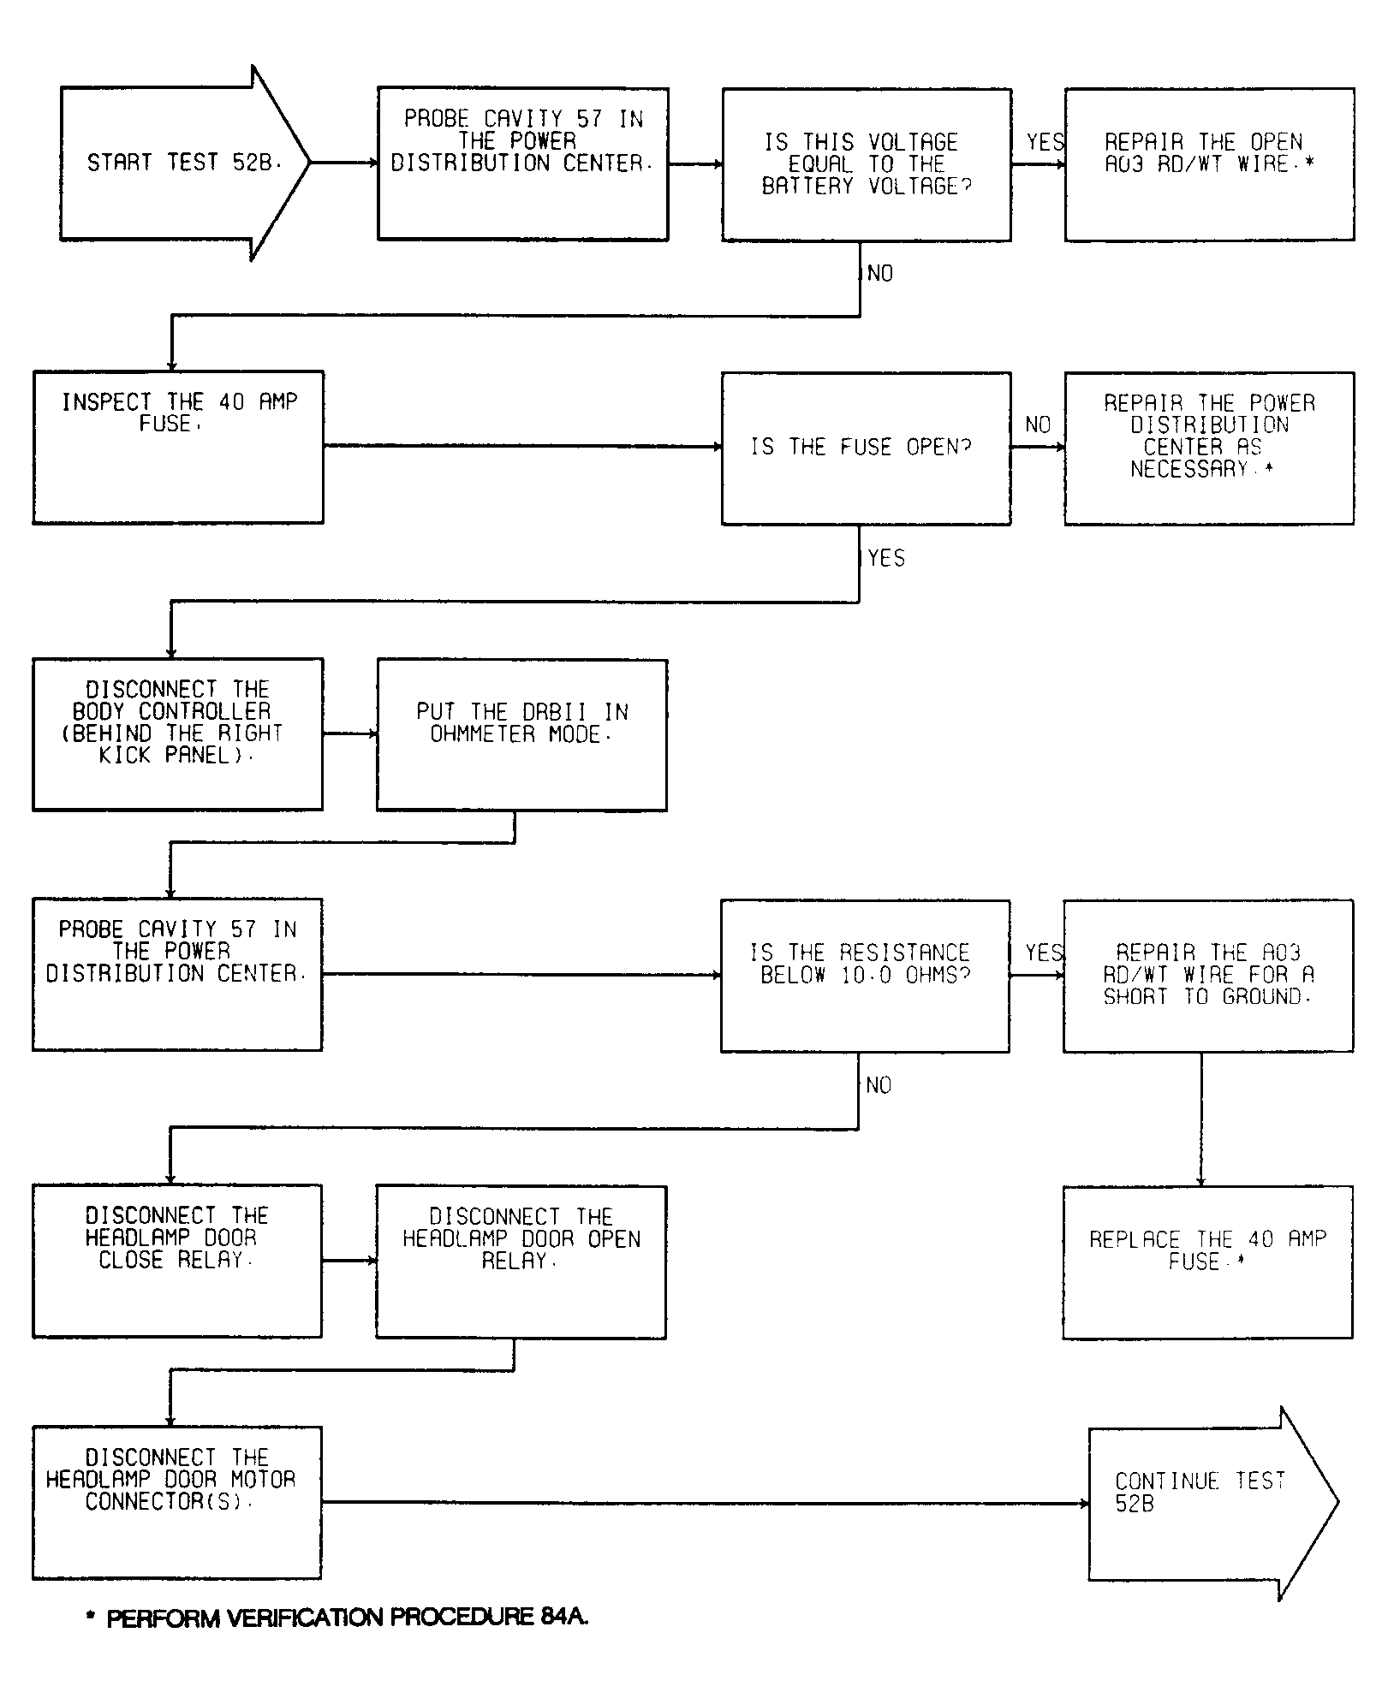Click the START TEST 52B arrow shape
(184, 163)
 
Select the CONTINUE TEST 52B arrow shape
(1212, 1503)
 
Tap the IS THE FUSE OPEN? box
(866, 448)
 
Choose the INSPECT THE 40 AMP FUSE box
(178, 447)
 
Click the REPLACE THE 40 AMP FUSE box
(1207, 1262)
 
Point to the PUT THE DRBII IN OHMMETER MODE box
(521, 735)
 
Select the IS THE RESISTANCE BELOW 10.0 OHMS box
(865, 976)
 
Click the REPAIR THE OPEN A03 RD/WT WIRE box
(1210, 164)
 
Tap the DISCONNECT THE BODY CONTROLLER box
(178, 734)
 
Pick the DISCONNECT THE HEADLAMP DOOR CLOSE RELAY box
(177, 1262)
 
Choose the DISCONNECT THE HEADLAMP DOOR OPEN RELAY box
(521, 1262)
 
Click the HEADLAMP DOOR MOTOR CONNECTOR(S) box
(177, 1502)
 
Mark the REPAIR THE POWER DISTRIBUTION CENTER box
(1209, 448)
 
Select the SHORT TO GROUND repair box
(1208, 976)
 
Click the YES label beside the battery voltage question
(1045, 142)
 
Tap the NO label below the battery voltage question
(879, 274)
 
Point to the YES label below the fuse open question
(885, 558)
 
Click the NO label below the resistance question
(879, 1085)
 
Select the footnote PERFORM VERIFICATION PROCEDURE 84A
(337, 1617)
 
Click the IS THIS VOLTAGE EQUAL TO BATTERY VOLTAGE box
(867, 164)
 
